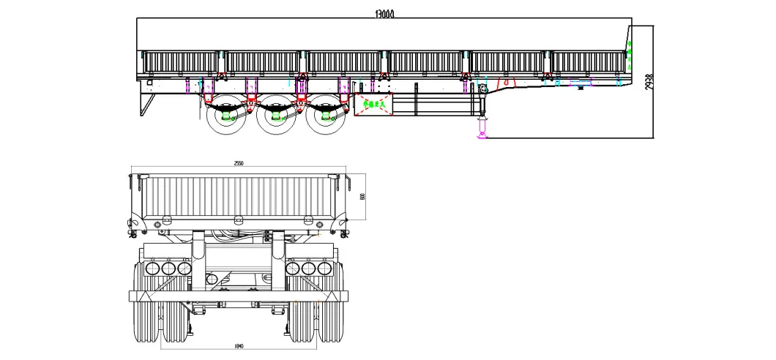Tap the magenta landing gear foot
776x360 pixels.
(x=482, y=132)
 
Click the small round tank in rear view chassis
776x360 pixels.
(x=213, y=279)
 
